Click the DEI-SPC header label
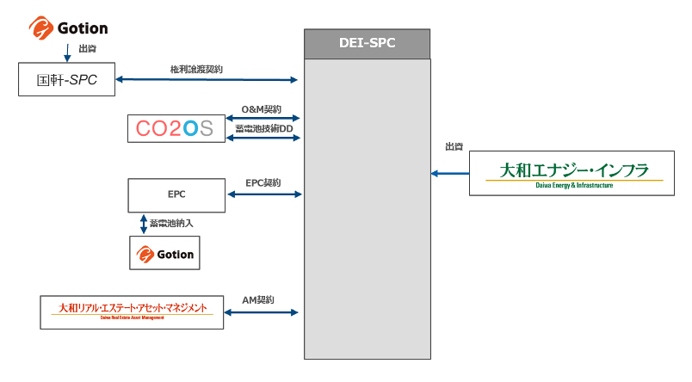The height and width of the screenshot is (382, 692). coord(368,43)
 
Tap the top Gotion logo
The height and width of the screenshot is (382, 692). coord(68,28)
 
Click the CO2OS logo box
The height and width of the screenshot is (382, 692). coord(175,128)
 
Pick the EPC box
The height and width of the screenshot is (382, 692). coord(175,195)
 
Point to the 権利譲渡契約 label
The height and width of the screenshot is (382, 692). coord(197,69)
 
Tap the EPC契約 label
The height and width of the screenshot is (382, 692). coord(263,183)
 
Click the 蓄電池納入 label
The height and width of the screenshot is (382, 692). coord(171,224)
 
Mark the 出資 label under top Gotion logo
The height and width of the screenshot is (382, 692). coord(87,49)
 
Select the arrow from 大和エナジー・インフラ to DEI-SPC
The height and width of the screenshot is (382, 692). coord(450,173)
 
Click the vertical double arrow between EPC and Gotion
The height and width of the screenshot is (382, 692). coord(143,223)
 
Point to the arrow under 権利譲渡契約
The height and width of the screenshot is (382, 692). coord(207,80)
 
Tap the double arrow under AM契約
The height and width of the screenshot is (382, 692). coord(262,311)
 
